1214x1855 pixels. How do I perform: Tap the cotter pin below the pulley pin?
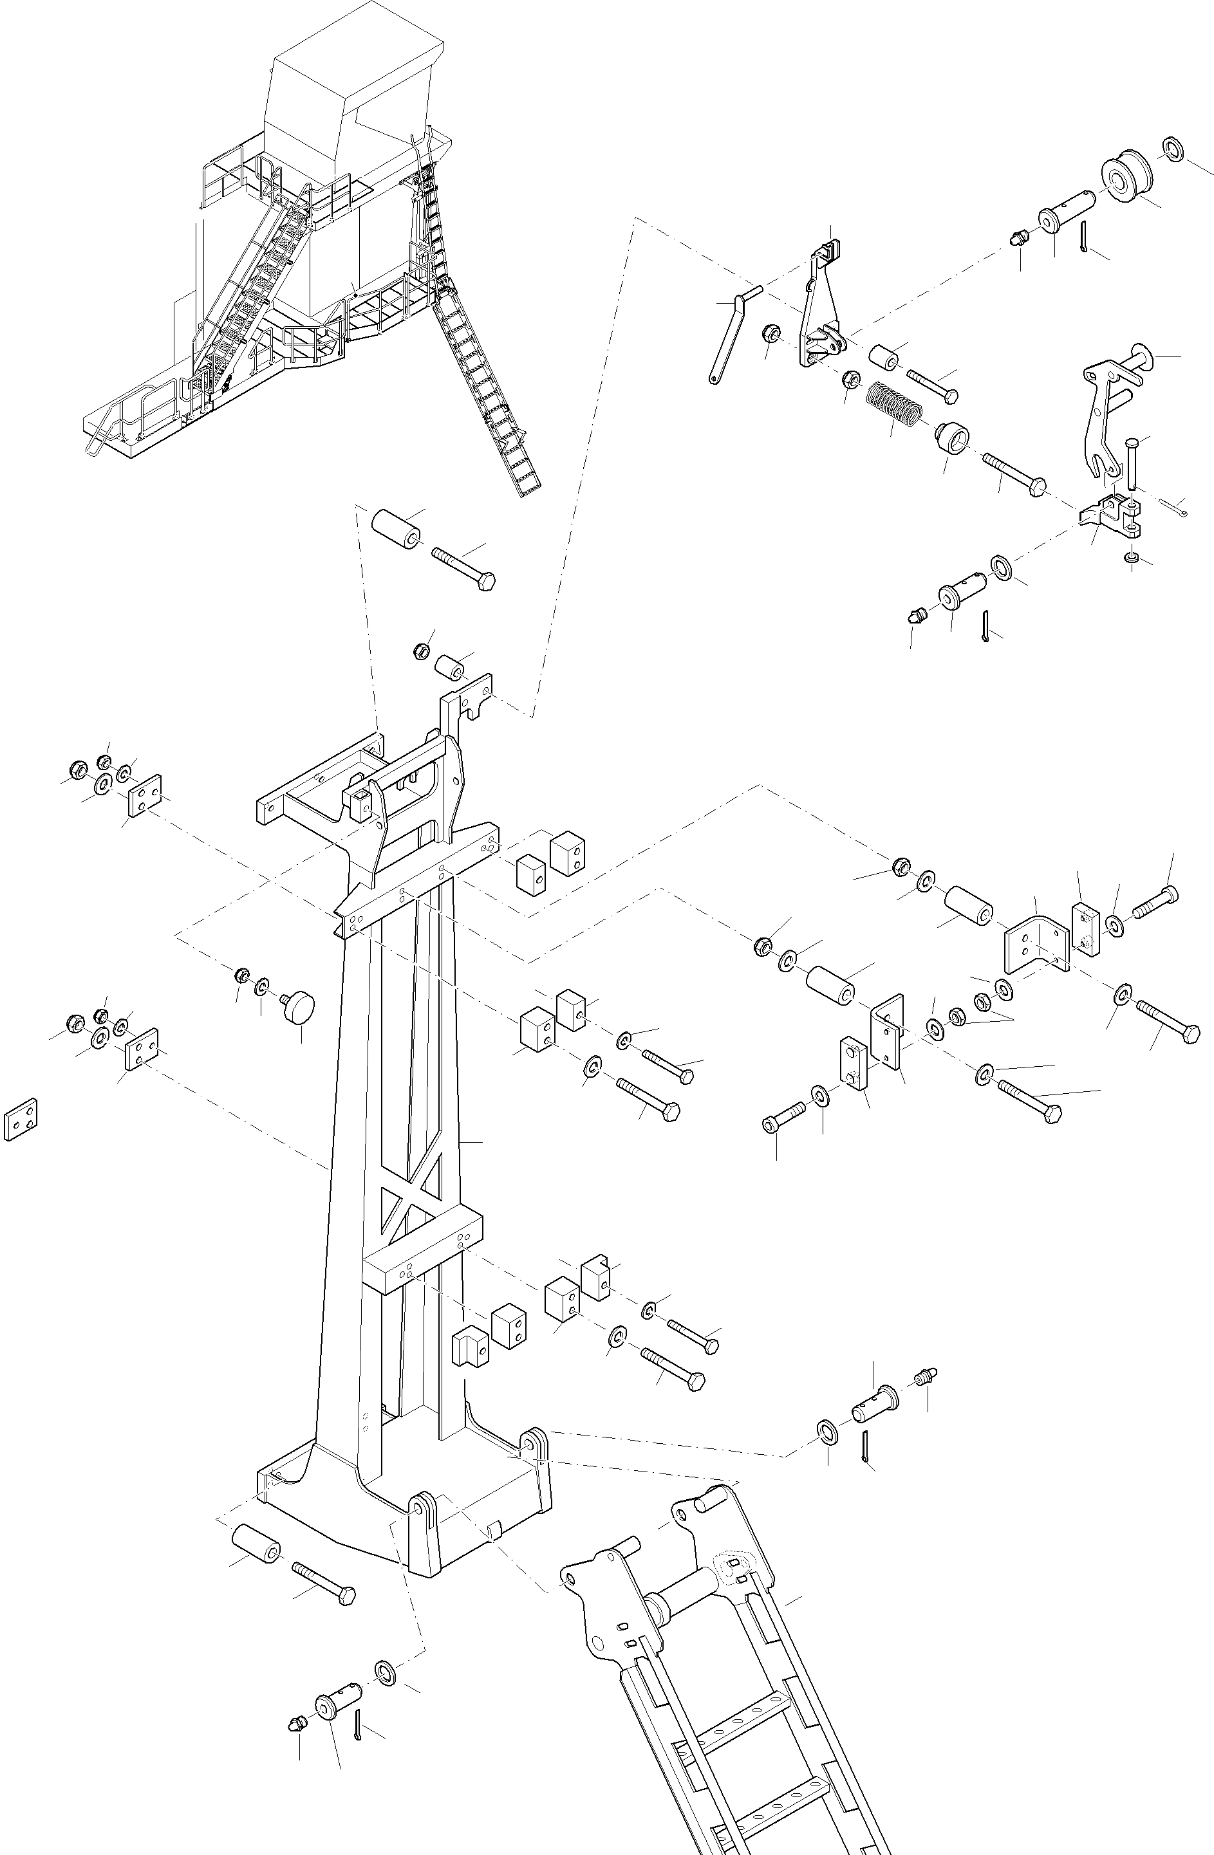coord(1085,236)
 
